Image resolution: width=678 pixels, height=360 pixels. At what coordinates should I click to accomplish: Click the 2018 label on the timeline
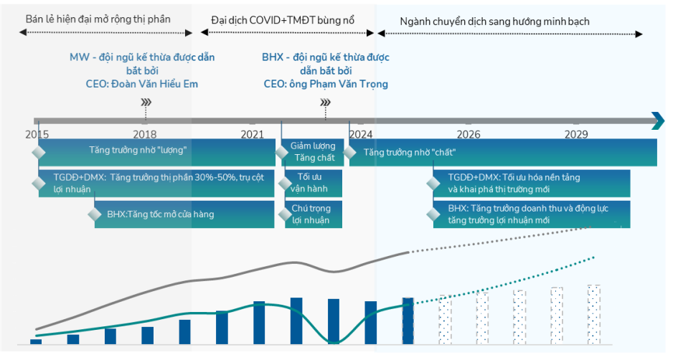coord(144,134)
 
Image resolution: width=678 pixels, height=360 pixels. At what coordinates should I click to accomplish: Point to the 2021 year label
coord(252,134)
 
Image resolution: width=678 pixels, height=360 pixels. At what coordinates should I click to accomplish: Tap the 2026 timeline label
coord(469,134)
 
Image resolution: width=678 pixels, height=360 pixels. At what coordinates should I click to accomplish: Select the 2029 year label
coord(576,134)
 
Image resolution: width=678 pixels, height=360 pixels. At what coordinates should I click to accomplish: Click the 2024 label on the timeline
coord(360,134)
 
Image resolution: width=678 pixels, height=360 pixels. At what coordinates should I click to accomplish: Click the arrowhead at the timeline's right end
coord(657,121)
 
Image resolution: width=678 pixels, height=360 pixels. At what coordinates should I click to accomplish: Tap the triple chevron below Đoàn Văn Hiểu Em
coord(146,103)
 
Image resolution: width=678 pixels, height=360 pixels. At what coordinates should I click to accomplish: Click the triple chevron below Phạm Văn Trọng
coord(325,103)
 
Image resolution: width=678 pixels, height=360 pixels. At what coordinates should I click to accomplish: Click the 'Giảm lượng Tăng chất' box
coord(312,152)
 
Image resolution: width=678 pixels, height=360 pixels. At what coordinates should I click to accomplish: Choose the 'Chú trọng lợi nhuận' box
coord(311,214)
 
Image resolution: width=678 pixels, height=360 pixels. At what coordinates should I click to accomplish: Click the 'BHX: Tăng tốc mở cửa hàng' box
coord(184,214)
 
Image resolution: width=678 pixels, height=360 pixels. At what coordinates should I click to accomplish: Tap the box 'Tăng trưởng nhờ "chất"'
coord(502,152)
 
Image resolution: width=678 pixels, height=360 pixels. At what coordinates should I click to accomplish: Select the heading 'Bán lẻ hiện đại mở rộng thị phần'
coord(98,19)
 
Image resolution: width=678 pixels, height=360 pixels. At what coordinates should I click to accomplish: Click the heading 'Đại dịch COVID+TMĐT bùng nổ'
coord(283,20)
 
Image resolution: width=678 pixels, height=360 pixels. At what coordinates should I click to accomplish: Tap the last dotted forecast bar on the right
coord(593,314)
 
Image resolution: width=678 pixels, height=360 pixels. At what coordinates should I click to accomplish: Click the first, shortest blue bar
coord(36,341)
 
